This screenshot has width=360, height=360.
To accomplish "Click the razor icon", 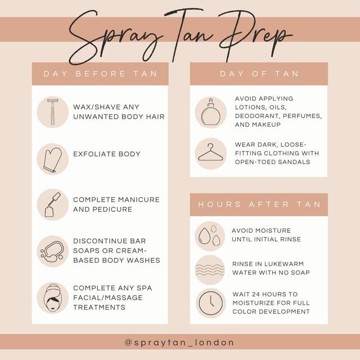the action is click(52, 112).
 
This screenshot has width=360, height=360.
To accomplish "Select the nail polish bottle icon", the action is click(52, 204).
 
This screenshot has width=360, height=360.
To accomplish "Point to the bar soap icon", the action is click(52, 251).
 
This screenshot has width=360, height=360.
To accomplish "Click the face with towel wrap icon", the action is click(52, 298).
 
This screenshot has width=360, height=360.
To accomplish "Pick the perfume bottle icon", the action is click(210, 112).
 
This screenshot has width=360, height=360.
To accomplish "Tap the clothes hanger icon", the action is click(210, 152).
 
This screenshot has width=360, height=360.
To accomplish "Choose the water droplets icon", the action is click(210, 235).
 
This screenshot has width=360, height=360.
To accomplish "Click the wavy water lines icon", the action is click(209, 269).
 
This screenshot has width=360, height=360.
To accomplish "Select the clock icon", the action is click(210, 303).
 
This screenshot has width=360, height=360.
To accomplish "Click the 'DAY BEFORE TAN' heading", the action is click(100, 74).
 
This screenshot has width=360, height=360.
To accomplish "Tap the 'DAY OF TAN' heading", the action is click(259, 74).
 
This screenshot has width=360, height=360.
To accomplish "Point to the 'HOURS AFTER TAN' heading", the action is click(259, 204).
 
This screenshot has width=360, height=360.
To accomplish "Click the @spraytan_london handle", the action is click(179, 343).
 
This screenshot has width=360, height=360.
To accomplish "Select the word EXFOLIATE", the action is click(91, 154).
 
